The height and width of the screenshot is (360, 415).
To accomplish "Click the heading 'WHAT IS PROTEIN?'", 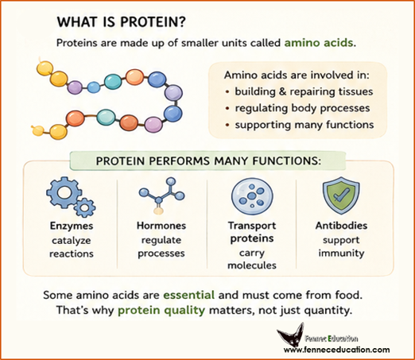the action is (122, 22).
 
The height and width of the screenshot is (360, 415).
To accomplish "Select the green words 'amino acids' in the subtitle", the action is (319, 43).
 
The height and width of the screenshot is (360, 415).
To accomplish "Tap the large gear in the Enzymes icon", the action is (63, 193).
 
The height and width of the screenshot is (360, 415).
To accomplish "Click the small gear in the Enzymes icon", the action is (85, 207).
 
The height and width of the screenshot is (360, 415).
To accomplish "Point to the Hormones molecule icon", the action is (161, 195).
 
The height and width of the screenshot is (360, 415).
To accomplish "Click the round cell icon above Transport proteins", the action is (252, 196).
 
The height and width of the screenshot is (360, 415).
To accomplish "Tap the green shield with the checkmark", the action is (341, 195).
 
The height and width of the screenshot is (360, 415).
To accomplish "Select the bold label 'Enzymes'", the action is (72, 226).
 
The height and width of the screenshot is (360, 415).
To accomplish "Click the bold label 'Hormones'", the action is (161, 226).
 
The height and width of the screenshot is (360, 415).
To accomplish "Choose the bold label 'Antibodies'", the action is (341, 226).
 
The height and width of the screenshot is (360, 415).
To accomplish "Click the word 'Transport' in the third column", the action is (252, 226).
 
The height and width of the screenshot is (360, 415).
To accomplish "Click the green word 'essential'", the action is (188, 295).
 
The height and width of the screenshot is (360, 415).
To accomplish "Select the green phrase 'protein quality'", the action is (161, 310).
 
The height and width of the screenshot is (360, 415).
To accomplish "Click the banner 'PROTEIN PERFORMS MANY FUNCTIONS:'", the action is (208, 161).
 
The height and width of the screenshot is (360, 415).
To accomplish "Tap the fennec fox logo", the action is (291, 336).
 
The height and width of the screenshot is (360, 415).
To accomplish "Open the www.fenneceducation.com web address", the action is (336, 350).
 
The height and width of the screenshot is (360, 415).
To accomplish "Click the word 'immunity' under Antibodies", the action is (341, 254).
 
